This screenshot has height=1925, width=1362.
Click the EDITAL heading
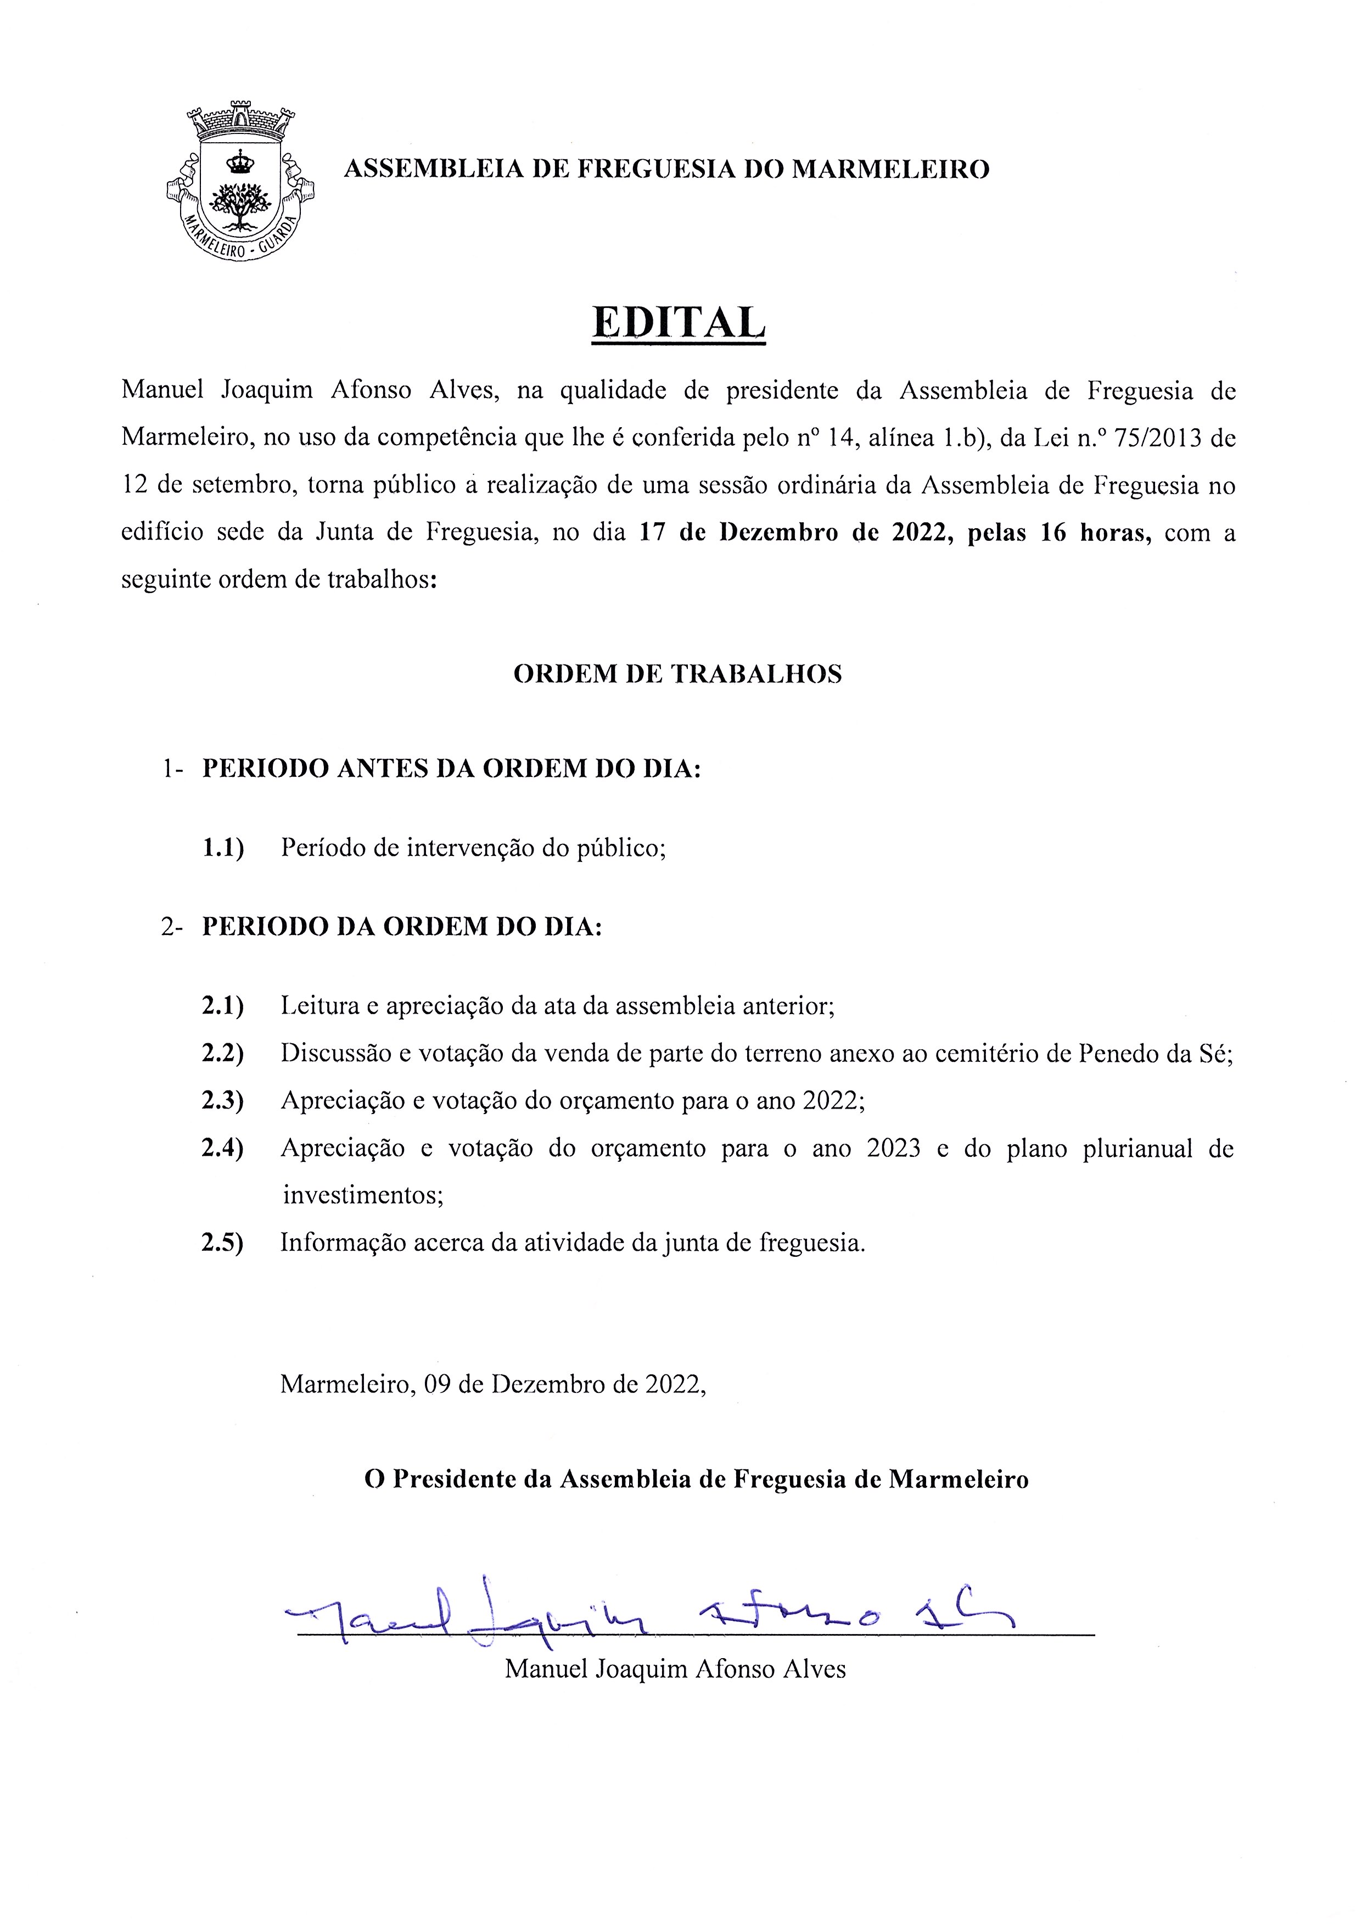coord(679,322)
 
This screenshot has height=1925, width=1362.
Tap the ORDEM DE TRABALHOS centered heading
coord(677,674)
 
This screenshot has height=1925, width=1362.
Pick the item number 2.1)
coord(222,1006)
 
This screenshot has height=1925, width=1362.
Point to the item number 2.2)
coord(222,1054)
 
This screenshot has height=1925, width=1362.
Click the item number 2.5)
coord(222,1242)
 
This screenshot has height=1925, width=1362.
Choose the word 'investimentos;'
coord(362,1195)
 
